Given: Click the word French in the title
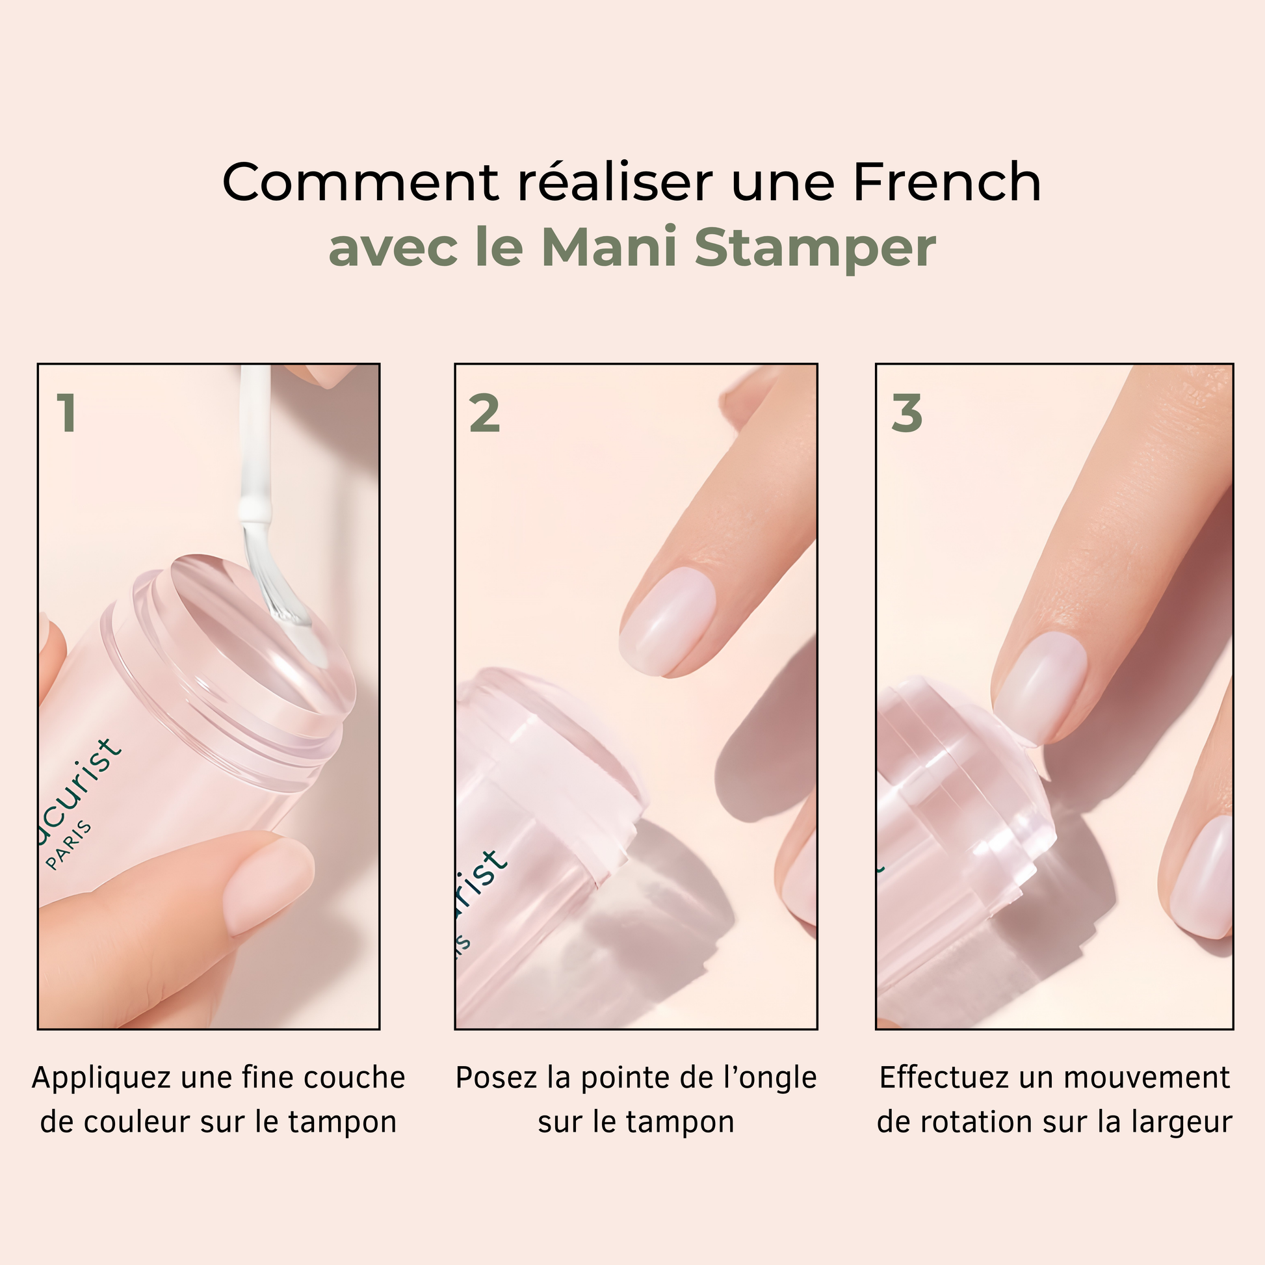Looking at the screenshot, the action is [x=946, y=182].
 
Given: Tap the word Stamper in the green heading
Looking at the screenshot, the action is [x=815, y=248].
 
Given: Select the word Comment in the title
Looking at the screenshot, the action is [x=361, y=182].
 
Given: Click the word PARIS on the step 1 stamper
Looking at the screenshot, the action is [x=69, y=845].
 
